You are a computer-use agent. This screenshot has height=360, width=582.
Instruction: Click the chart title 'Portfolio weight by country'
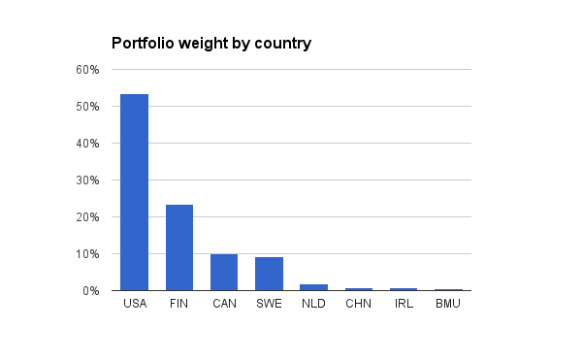click(x=211, y=44)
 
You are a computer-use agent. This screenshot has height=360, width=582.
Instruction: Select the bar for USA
click(x=135, y=192)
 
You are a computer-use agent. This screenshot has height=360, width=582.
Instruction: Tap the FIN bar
click(x=179, y=247)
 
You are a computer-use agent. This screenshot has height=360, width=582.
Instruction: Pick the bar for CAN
click(x=224, y=273)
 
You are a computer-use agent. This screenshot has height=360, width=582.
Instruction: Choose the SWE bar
click(x=269, y=274)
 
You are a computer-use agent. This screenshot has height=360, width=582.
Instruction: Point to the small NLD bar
click(x=313, y=287)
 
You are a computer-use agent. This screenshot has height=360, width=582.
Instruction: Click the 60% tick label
click(x=87, y=70)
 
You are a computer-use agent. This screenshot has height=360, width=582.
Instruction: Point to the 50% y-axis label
click(x=87, y=107)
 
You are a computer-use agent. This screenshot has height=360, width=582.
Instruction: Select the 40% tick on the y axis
click(x=87, y=144)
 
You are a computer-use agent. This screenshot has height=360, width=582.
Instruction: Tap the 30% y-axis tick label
click(x=87, y=180)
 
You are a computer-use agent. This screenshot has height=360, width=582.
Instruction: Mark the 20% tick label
click(x=87, y=217)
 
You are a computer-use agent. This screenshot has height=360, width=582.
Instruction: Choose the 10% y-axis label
click(x=87, y=254)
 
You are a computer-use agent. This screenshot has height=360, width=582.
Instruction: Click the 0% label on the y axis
click(x=91, y=291)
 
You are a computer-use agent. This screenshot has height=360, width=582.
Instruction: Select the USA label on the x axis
click(x=135, y=304)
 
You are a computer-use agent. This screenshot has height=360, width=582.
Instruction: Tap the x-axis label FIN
click(x=178, y=304)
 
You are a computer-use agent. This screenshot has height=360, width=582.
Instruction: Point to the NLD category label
click(x=313, y=304)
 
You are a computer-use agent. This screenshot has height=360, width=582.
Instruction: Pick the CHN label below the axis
click(x=358, y=304)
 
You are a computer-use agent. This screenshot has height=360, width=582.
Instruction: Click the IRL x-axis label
click(x=404, y=304)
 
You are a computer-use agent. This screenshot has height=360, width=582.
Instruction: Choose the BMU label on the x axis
click(x=448, y=304)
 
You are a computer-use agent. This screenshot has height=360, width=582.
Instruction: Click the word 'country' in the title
click(x=283, y=45)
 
